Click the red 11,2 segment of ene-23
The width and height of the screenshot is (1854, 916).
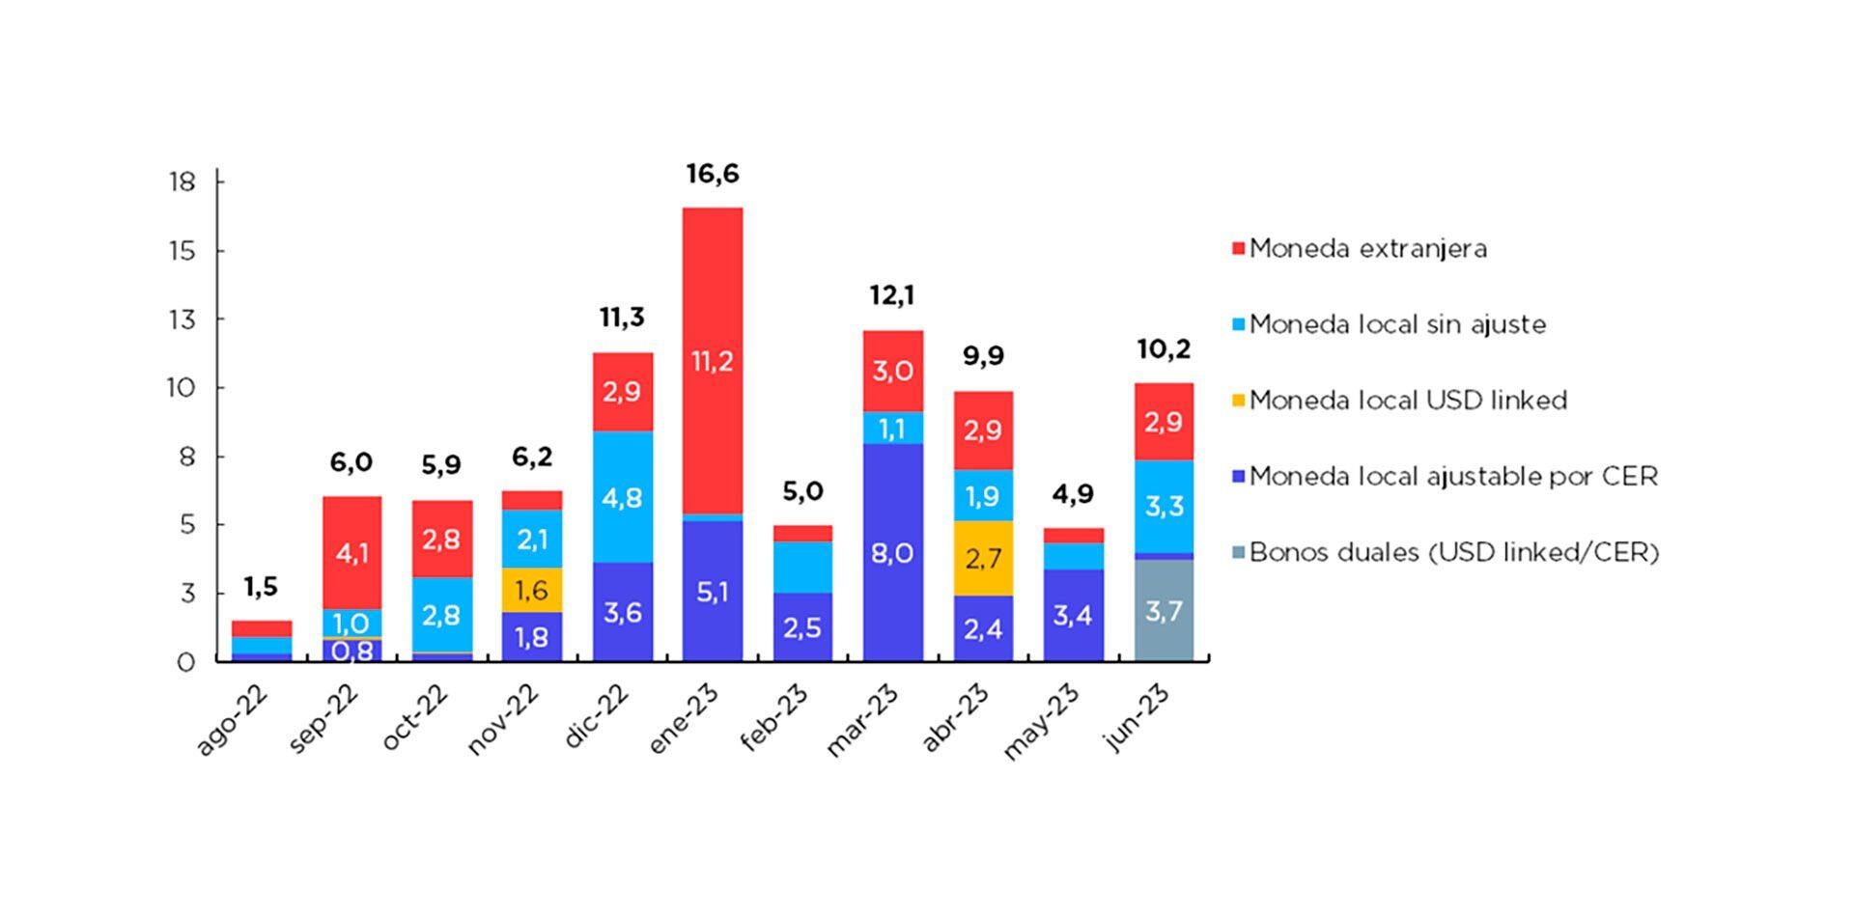coord(713,360)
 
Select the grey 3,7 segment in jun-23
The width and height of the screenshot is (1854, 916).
coord(1164,610)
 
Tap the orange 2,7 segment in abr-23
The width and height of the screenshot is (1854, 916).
coord(983,558)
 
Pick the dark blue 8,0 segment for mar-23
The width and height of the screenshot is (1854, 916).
coord(892,552)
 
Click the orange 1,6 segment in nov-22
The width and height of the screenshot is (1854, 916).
coord(531,589)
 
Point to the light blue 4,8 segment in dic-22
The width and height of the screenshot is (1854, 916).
coord(622,497)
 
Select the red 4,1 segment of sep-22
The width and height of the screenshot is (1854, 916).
coord(351,553)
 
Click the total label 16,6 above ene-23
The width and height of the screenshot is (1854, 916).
coord(713,174)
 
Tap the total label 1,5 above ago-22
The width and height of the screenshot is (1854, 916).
coord(261,586)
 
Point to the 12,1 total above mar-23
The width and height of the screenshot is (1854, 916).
coord(892,294)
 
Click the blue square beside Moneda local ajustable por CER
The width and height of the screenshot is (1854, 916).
coord(1238,476)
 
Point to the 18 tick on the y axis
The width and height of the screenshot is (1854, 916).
coord(183,181)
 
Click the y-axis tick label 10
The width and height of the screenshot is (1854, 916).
coord(183,388)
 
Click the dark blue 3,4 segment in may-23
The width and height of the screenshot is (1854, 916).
coord(1073,615)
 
